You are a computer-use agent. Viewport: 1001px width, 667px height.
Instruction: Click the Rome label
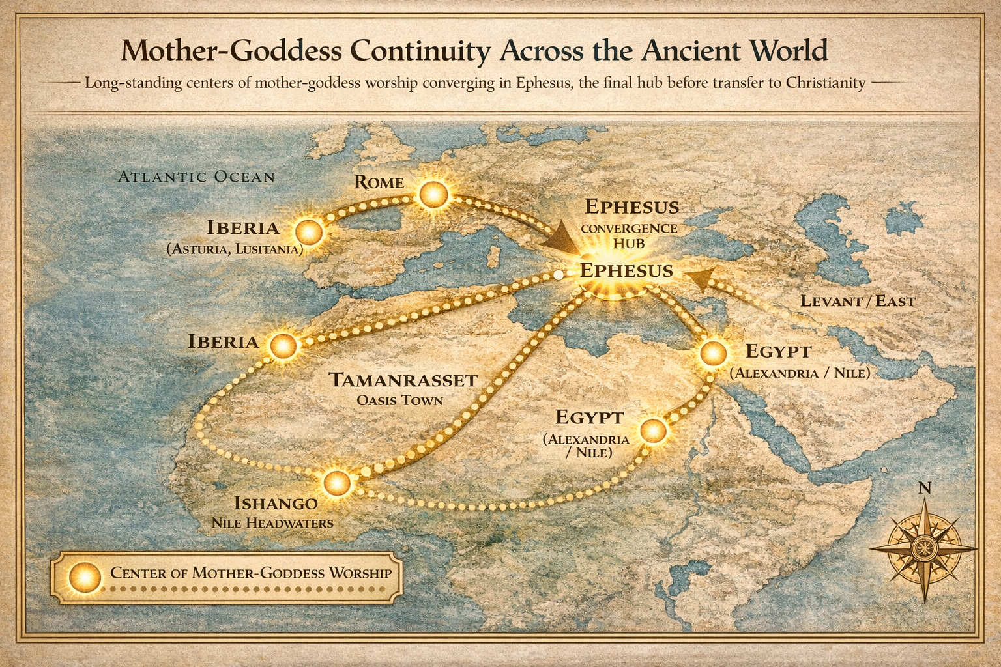[x=379, y=182]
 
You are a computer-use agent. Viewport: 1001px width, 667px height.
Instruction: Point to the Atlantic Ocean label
[x=196, y=177]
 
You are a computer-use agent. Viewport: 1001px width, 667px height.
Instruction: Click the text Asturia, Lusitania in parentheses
[x=235, y=249]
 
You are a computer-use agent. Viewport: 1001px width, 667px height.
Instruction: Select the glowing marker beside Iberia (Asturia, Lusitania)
[x=308, y=232]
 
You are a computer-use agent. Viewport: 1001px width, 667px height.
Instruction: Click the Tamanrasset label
[x=403, y=380]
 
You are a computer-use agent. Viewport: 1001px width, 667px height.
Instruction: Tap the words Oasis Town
[x=399, y=399]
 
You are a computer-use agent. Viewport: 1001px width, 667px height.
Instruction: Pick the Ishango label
[x=276, y=503]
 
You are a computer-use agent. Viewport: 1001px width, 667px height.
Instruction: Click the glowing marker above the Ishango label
[x=337, y=483]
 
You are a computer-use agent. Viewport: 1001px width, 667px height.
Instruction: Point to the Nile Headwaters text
[x=272, y=523]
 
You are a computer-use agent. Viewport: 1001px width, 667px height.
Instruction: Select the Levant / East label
[x=858, y=301]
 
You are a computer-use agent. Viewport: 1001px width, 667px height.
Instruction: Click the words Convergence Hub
[x=629, y=236]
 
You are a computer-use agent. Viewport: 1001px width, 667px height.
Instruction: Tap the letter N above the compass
[x=924, y=488]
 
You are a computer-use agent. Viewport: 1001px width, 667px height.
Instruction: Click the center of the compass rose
[x=923, y=545]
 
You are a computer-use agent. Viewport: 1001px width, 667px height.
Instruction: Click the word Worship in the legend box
[x=360, y=573]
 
